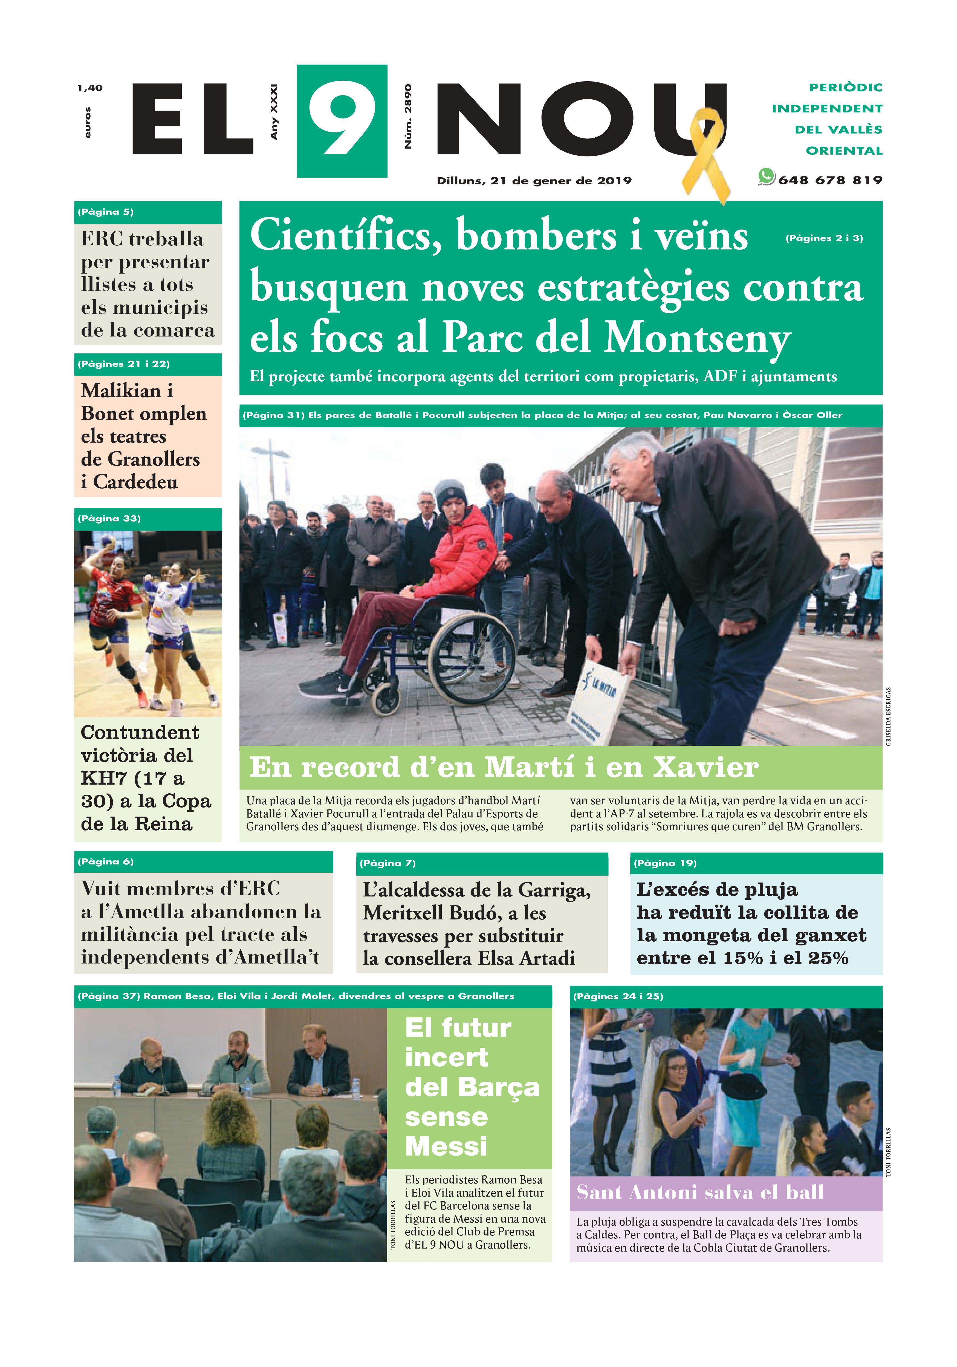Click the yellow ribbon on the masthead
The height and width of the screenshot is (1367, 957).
click(x=706, y=152)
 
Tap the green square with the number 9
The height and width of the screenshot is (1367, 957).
click(x=342, y=121)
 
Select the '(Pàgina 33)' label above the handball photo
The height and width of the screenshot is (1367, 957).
click(x=109, y=519)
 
